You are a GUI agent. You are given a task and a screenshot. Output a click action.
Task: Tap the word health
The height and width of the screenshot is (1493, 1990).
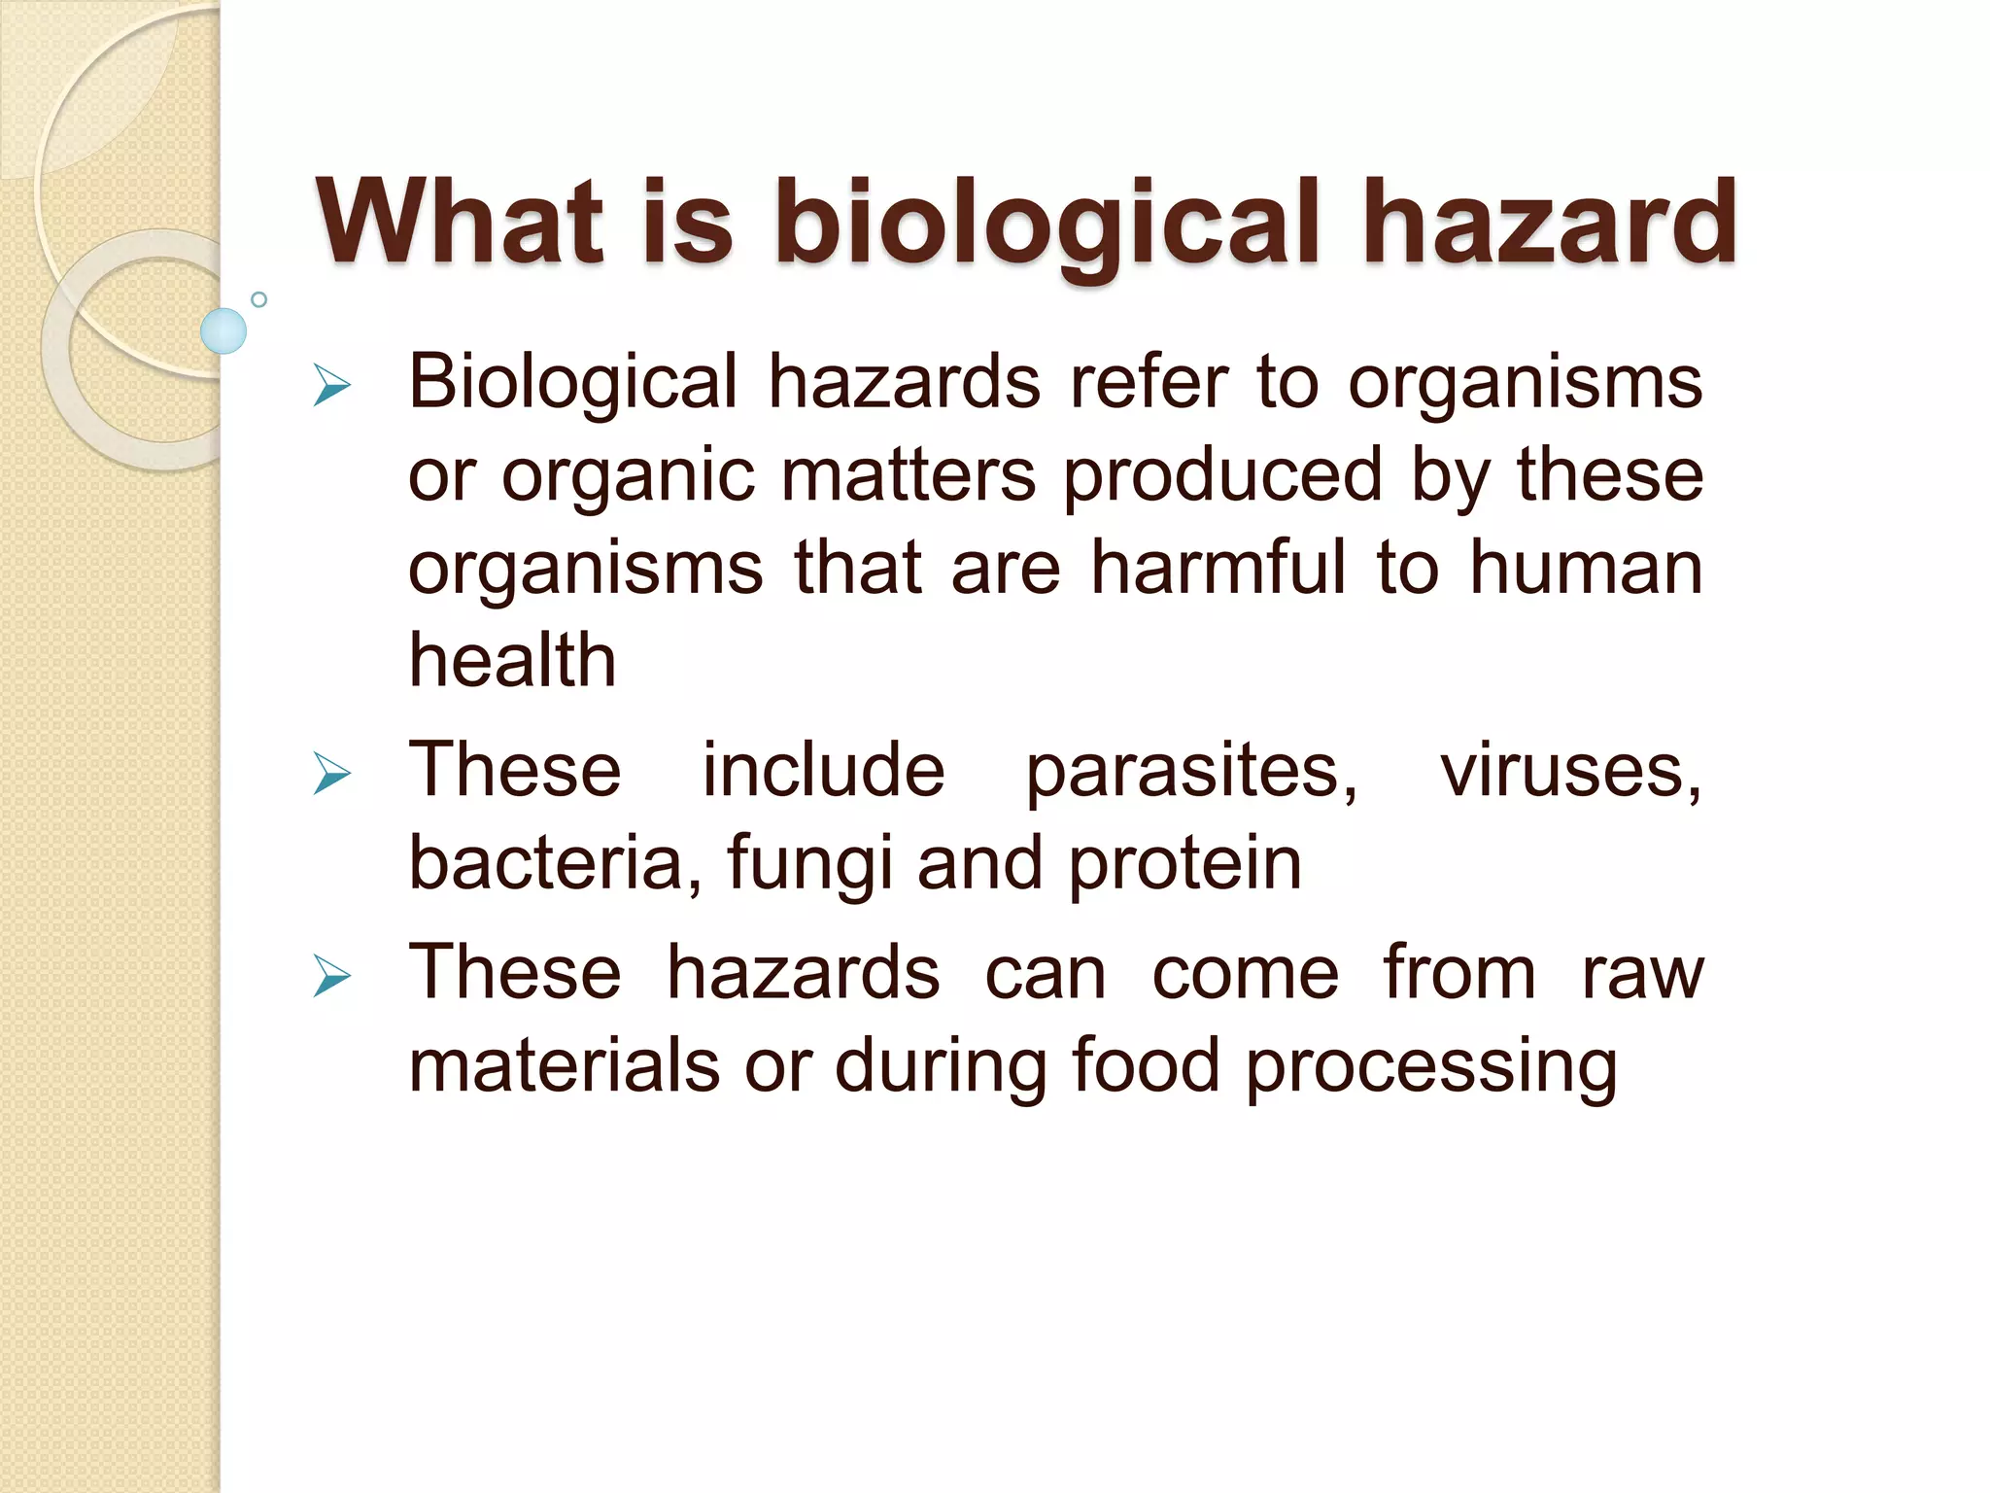tap(512, 661)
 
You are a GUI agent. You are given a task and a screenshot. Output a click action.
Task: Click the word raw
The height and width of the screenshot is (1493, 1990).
tap(1642, 974)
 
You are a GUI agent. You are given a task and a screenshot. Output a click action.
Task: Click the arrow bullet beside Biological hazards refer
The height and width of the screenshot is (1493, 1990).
tap(331, 386)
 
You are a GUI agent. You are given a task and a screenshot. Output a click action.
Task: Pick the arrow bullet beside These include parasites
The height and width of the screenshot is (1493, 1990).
tap(331, 775)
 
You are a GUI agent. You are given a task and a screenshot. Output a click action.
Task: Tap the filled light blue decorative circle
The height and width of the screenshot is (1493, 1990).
tap(223, 330)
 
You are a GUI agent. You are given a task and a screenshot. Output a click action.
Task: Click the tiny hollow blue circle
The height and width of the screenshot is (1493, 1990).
tap(258, 299)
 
